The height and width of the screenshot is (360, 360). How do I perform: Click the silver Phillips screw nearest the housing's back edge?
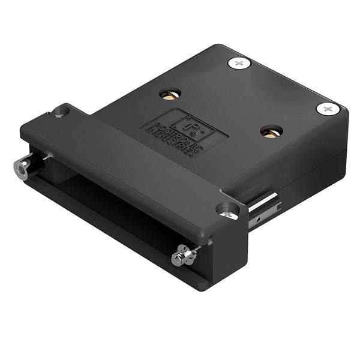click(x=239, y=62)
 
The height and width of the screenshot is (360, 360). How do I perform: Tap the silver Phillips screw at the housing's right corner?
click(x=328, y=109)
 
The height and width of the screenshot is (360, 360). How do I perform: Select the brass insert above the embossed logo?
click(x=170, y=94)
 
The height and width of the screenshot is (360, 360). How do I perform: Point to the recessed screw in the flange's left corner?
click(x=59, y=112)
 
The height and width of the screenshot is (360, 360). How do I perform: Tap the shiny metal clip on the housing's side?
click(x=264, y=207)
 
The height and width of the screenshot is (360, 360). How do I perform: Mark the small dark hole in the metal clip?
click(x=257, y=221)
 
